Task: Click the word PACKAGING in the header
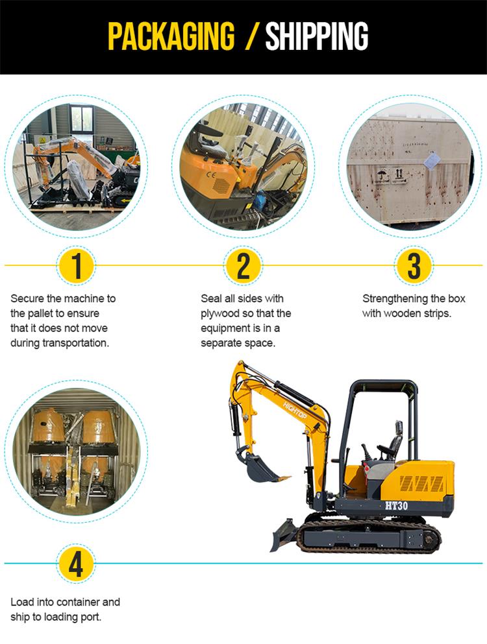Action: [171, 36]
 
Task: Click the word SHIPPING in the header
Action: [317, 36]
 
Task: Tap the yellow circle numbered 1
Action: [77, 266]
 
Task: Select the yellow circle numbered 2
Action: [243, 266]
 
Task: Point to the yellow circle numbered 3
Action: [414, 266]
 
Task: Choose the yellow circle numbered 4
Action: [76, 564]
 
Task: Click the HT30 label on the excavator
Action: [397, 505]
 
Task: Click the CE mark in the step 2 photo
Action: [211, 174]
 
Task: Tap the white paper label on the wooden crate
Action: [431, 161]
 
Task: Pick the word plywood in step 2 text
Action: [220, 313]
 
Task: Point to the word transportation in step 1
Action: [76, 343]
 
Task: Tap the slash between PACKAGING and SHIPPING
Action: [251, 36]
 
